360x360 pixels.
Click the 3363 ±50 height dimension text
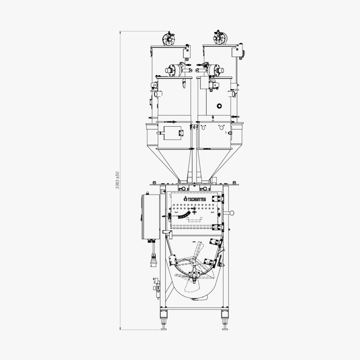(117, 180)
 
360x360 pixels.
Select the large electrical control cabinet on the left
(150, 217)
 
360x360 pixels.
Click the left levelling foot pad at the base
(163, 329)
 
